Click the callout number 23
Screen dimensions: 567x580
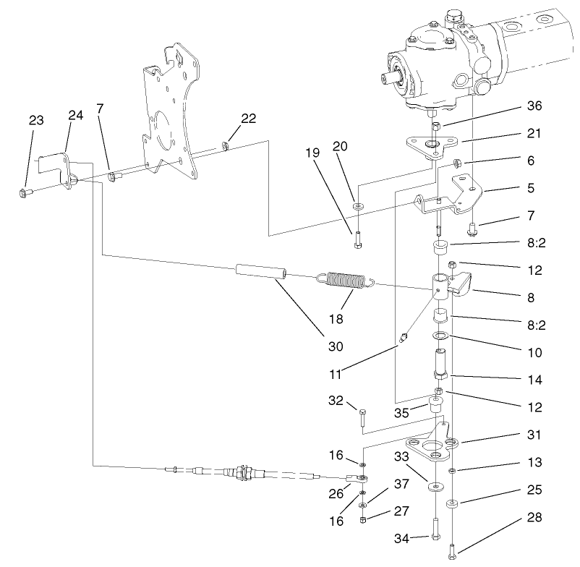pos(37,121)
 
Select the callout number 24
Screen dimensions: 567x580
pos(76,115)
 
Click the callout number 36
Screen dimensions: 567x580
pos(534,106)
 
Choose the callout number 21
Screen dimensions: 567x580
pos(534,134)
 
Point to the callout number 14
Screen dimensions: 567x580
pos(534,379)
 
